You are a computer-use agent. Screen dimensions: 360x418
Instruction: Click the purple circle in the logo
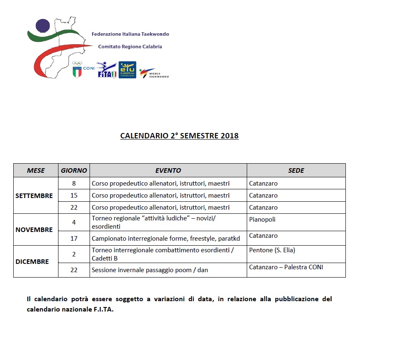(42, 26)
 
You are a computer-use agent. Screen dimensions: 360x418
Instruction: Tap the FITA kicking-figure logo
(107, 70)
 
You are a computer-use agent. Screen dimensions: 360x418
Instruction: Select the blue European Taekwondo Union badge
(127, 70)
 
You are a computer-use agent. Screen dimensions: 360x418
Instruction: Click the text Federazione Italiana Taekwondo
(130, 34)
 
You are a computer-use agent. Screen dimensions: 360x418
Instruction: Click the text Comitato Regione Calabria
(130, 47)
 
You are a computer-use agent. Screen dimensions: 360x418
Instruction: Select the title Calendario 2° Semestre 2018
(179, 136)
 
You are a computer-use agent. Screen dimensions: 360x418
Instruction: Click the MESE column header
(36, 170)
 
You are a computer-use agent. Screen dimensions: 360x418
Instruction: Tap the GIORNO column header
(74, 170)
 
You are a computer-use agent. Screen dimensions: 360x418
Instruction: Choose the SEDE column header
(296, 170)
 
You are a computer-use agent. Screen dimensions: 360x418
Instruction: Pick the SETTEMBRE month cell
(34, 196)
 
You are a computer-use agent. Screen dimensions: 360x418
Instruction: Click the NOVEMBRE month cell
(34, 230)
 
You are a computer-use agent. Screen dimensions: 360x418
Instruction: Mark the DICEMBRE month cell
(32, 261)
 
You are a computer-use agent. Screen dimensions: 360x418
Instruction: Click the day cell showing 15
(74, 196)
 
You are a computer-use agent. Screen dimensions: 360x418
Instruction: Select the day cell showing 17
(74, 238)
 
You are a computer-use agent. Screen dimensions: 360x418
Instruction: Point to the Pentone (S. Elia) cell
(272, 250)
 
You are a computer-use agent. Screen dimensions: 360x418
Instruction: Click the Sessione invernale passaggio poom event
(150, 270)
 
